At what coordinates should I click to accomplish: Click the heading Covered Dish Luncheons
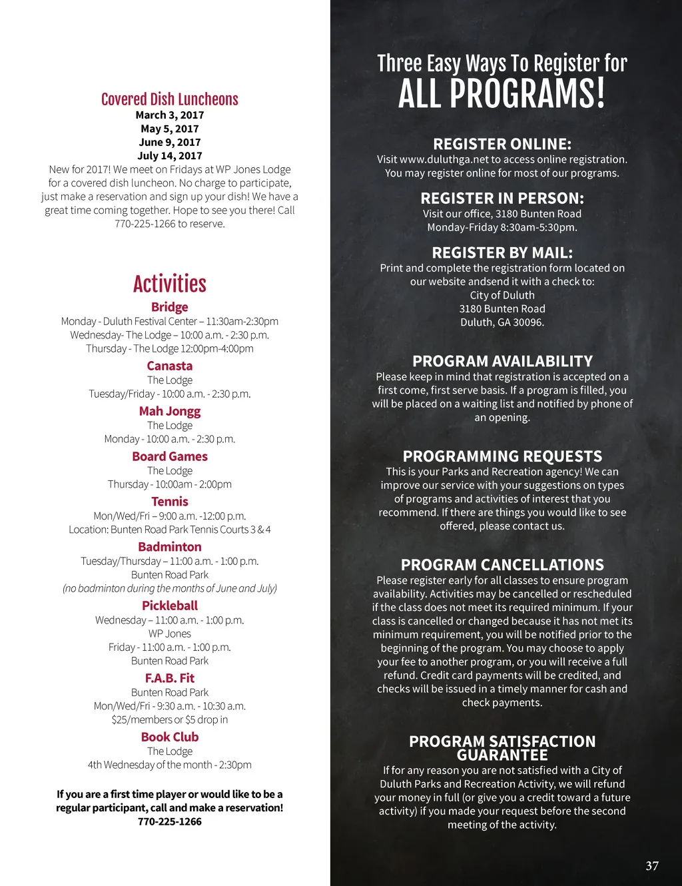[x=169, y=99]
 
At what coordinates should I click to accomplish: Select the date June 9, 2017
[x=170, y=142]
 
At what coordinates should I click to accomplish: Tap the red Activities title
[x=169, y=284]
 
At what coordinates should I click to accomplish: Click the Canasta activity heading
[x=170, y=366]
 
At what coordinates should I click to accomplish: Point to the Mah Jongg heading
[x=170, y=411]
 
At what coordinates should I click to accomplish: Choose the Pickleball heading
[x=170, y=606]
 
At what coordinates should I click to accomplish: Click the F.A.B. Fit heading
[x=170, y=678]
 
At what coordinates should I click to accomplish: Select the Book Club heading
[x=170, y=737]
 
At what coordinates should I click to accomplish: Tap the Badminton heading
[x=170, y=547]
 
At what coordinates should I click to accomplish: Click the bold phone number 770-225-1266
[x=170, y=821]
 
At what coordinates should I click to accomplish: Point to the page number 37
[x=652, y=866]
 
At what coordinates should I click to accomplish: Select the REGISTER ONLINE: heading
[x=502, y=144]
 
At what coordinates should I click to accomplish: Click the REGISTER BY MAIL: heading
[x=502, y=252]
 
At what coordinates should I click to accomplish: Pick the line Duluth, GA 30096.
[x=502, y=322]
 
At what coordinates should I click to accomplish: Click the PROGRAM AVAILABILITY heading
[x=502, y=361]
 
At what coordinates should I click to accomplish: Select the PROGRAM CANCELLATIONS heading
[x=502, y=565]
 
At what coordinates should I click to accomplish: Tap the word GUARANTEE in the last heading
[x=502, y=755]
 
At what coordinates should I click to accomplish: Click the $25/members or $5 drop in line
[x=170, y=719]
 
